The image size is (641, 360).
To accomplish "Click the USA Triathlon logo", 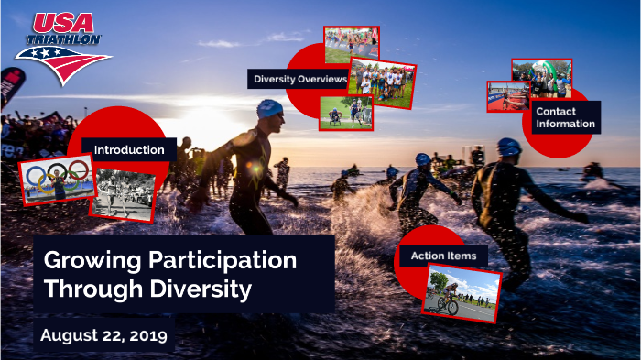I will (x=62, y=48).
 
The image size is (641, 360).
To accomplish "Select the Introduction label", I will (x=129, y=149).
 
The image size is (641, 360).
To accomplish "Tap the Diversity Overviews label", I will (x=299, y=80).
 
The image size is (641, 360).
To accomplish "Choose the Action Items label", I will (x=443, y=256).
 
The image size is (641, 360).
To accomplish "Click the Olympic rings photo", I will (x=58, y=179).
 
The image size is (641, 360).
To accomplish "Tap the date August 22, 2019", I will (x=103, y=335).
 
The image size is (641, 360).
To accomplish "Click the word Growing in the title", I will (x=84, y=260).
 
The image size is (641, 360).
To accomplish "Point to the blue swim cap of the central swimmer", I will (x=270, y=109).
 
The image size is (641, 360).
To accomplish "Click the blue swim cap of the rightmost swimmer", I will (x=509, y=147).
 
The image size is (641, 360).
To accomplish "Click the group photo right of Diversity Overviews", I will (x=382, y=82).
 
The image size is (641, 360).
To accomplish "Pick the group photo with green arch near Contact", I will (x=542, y=79).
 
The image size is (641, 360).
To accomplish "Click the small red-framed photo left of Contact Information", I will (x=507, y=96).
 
